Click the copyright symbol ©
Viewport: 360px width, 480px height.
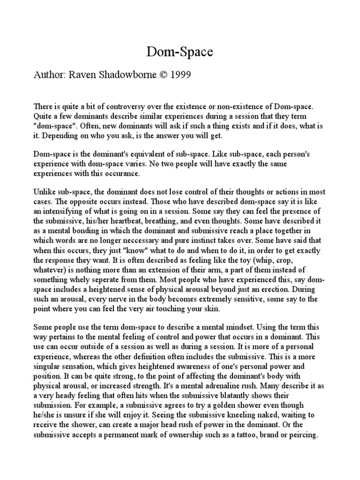coord(172,75)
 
